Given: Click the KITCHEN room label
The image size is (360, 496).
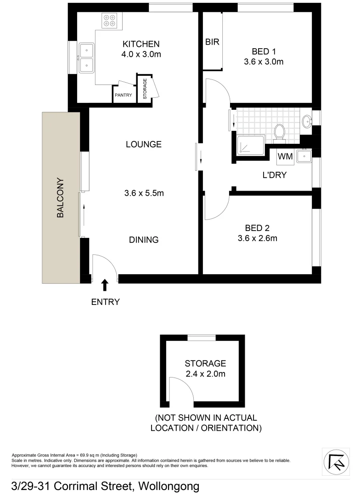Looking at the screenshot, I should [141, 44].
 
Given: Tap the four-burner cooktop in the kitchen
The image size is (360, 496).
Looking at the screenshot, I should [109, 21].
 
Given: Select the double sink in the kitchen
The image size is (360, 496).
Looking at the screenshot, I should [86, 58].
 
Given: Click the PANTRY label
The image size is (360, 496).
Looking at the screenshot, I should [124, 96].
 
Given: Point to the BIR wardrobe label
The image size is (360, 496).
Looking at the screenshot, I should [212, 42].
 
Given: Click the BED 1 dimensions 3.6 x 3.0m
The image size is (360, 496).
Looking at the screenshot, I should [264, 62].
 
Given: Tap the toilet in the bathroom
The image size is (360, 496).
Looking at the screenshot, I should [279, 132].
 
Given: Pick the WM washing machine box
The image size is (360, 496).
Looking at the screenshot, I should [285, 157].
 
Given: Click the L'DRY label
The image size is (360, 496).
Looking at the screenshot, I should [275, 175].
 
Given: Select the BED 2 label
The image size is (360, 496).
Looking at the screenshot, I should [257, 228].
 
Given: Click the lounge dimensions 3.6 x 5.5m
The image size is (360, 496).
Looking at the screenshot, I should [144, 193].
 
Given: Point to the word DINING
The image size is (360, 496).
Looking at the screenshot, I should [144, 240].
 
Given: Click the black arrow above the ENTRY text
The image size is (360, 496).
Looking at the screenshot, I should [105, 285].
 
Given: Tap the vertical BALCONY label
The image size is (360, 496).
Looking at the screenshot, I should [60, 197].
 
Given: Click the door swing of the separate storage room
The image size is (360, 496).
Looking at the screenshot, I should [177, 390].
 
